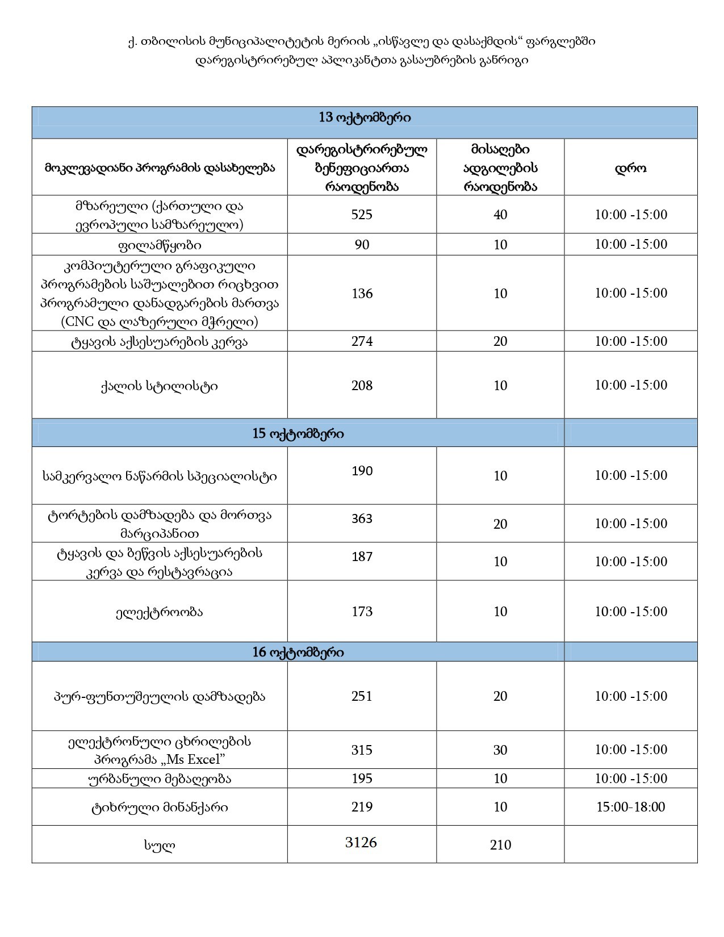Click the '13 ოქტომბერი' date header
tap(365, 118)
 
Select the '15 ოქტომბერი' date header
tap(298, 433)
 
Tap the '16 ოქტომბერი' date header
tap(298, 652)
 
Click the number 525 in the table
tap(362, 214)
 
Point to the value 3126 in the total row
tap(361, 842)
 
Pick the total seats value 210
tap(500, 845)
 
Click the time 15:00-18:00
tap(630, 807)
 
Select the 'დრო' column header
tap(630, 168)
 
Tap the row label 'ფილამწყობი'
tap(160, 245)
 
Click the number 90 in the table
tap(362, 245)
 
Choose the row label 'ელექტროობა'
tap(160, 612)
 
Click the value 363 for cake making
tap(362, 518)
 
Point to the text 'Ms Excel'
tap(198, 759)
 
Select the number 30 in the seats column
tap(500, 750)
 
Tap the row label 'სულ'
tap(160, 845)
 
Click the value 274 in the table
tap(362, 341)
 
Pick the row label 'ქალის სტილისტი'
tap(160, 386)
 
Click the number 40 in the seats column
tap(500, 215)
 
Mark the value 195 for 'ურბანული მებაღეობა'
tap(362, 778)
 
